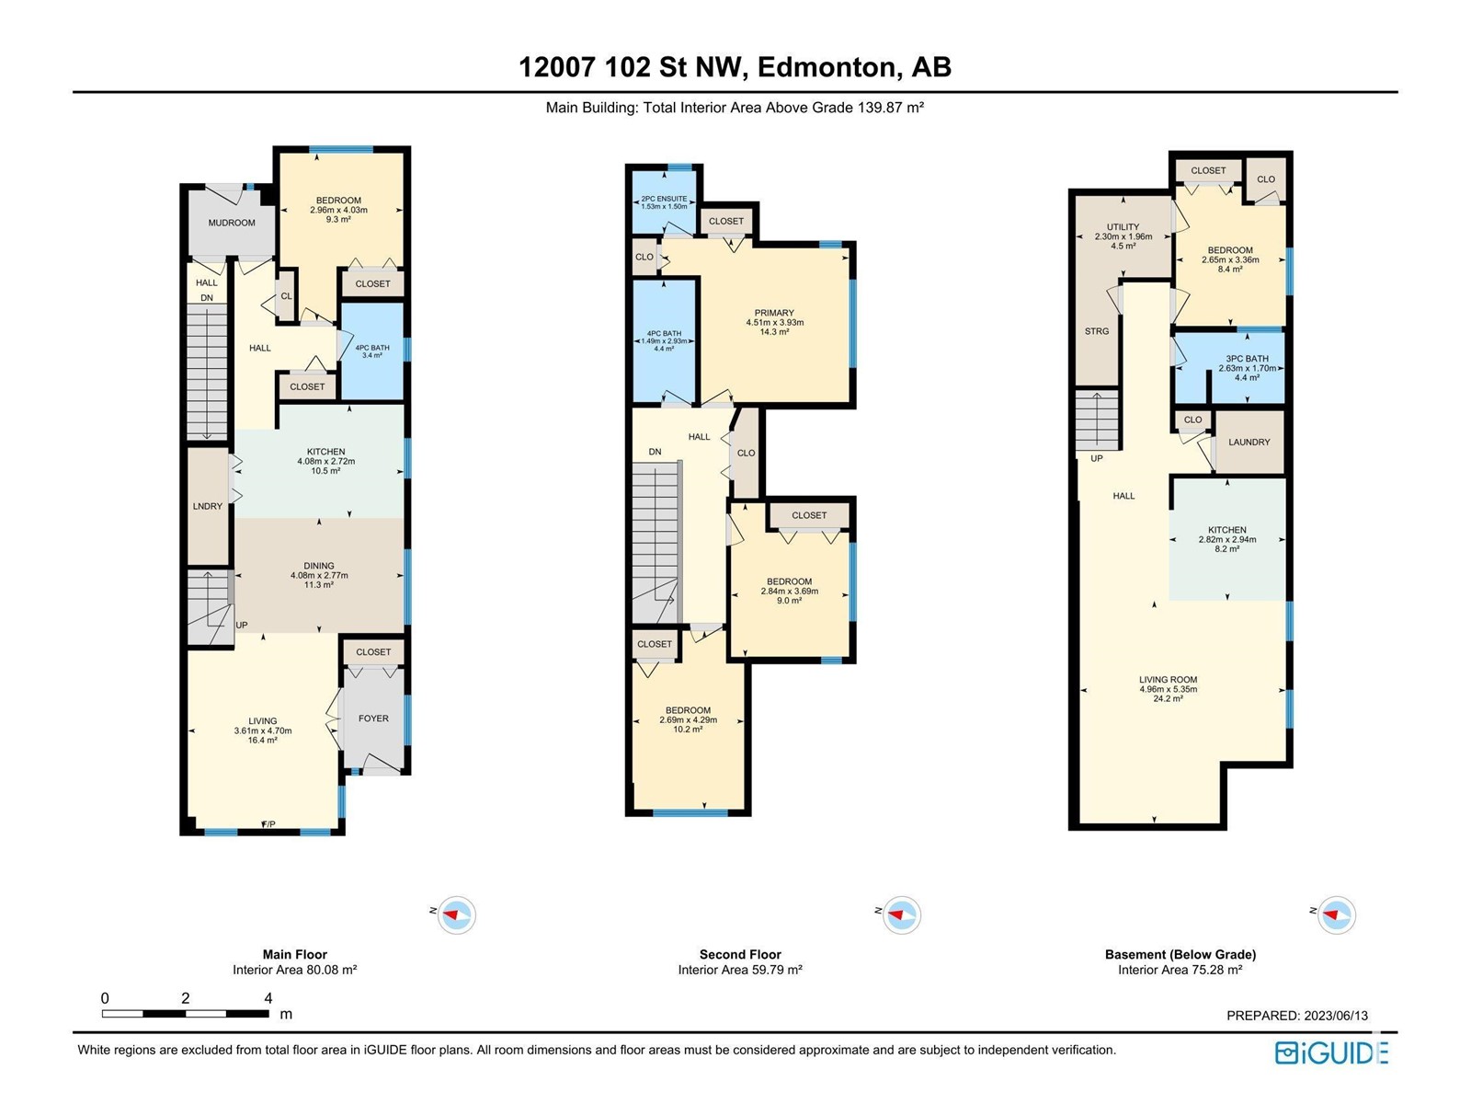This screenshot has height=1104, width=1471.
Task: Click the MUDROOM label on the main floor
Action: click(231, 223)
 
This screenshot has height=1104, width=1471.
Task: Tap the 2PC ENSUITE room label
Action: click(664, 199)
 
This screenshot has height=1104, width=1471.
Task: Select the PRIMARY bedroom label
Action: click(774, 313)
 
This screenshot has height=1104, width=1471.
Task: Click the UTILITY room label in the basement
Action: click(1123, 227)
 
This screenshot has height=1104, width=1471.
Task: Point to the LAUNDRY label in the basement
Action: click(1249, 443)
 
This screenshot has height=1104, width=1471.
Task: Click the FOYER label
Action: click(373, 719)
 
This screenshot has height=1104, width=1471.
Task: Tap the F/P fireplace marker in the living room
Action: click(268, 823)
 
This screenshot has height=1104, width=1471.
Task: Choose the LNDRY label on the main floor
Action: click(207, 506)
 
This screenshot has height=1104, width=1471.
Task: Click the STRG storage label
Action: click(1097, 331)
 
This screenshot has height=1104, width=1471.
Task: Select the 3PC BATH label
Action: click(1248, 359)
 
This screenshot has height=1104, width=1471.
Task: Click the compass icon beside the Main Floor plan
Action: click(456, 915)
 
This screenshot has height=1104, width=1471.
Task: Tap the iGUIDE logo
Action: click(1331, 1053)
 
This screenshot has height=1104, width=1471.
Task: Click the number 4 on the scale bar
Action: click(268, 998)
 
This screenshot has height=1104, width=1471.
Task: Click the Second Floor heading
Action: click(740, 955)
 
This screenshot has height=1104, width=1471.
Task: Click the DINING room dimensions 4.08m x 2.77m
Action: click(319, 575)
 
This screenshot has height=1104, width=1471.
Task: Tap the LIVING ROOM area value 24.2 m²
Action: click(1169, 698)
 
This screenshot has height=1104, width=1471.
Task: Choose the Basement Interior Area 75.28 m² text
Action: click(1180, 970)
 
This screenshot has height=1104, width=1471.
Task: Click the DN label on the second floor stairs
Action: click(655, 452)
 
